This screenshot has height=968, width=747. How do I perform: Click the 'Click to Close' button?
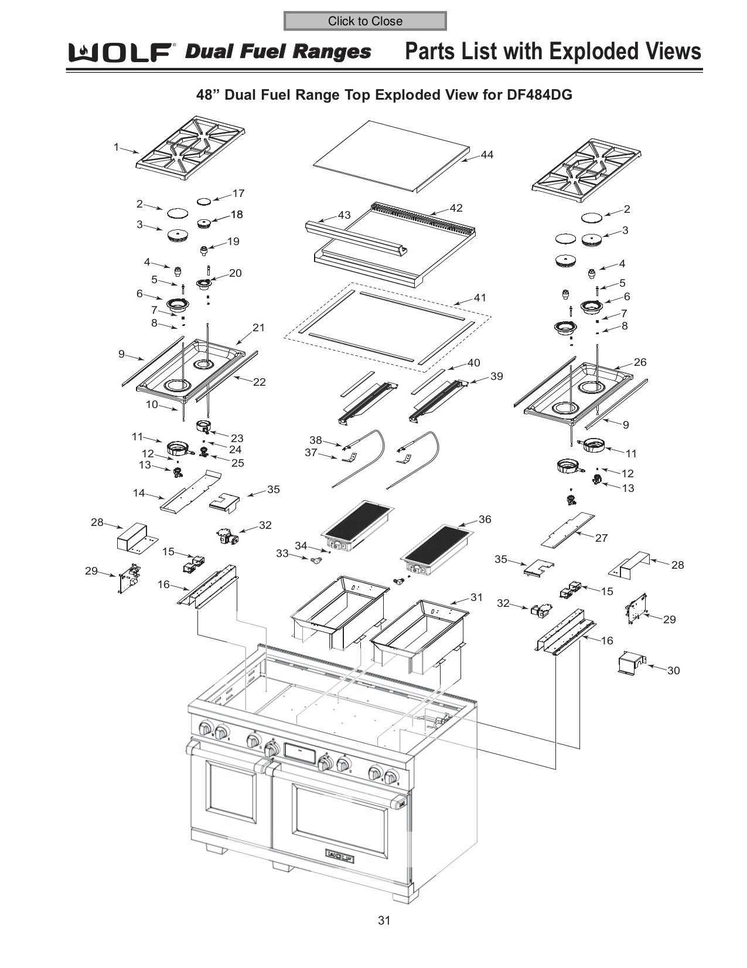coord(364,21)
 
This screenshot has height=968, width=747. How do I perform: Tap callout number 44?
coord(487,155)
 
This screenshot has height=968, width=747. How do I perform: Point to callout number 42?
coord(456,208)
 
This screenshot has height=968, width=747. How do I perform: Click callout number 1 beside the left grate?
coord(117,147)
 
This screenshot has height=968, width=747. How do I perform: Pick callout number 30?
coord(673,670)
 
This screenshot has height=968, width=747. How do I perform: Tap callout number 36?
coord(485,519)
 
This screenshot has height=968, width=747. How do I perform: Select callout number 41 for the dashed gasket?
coord(480,298)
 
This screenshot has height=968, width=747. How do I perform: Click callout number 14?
coord(139,493)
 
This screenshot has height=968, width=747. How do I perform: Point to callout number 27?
coord(601,538)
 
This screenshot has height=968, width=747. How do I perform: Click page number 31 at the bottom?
coord(384,920)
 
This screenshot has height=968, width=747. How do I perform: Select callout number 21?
coord(258,328)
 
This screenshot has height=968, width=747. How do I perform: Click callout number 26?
coord(640,362)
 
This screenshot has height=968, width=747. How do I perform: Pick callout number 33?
coord(282,553)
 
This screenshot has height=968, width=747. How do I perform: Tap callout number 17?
coord(238,193)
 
